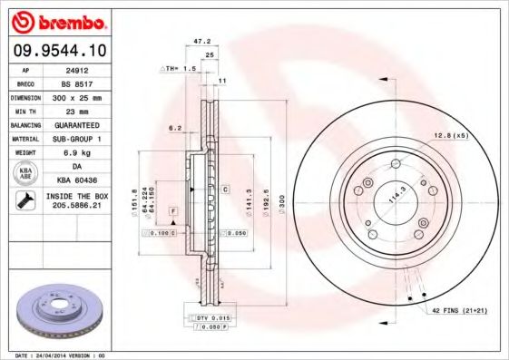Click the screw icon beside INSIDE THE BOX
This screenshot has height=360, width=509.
point(26,201)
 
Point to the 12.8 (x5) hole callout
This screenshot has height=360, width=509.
point(450,135)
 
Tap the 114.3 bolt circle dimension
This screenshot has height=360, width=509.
point(396,193)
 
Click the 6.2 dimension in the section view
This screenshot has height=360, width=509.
point(174,129)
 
